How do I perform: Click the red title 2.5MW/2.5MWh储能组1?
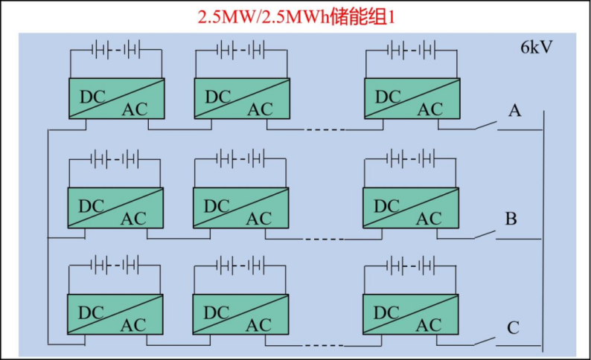click(295, 16)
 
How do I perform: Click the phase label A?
click(514, 111)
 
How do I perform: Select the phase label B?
click(511, 219)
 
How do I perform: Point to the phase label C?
click(513, 327)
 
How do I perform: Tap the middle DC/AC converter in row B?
click(239, 208)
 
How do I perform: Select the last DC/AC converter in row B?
click(409, 208)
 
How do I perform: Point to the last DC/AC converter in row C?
click(409, 314)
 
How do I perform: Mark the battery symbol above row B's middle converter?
click(239, 158)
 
